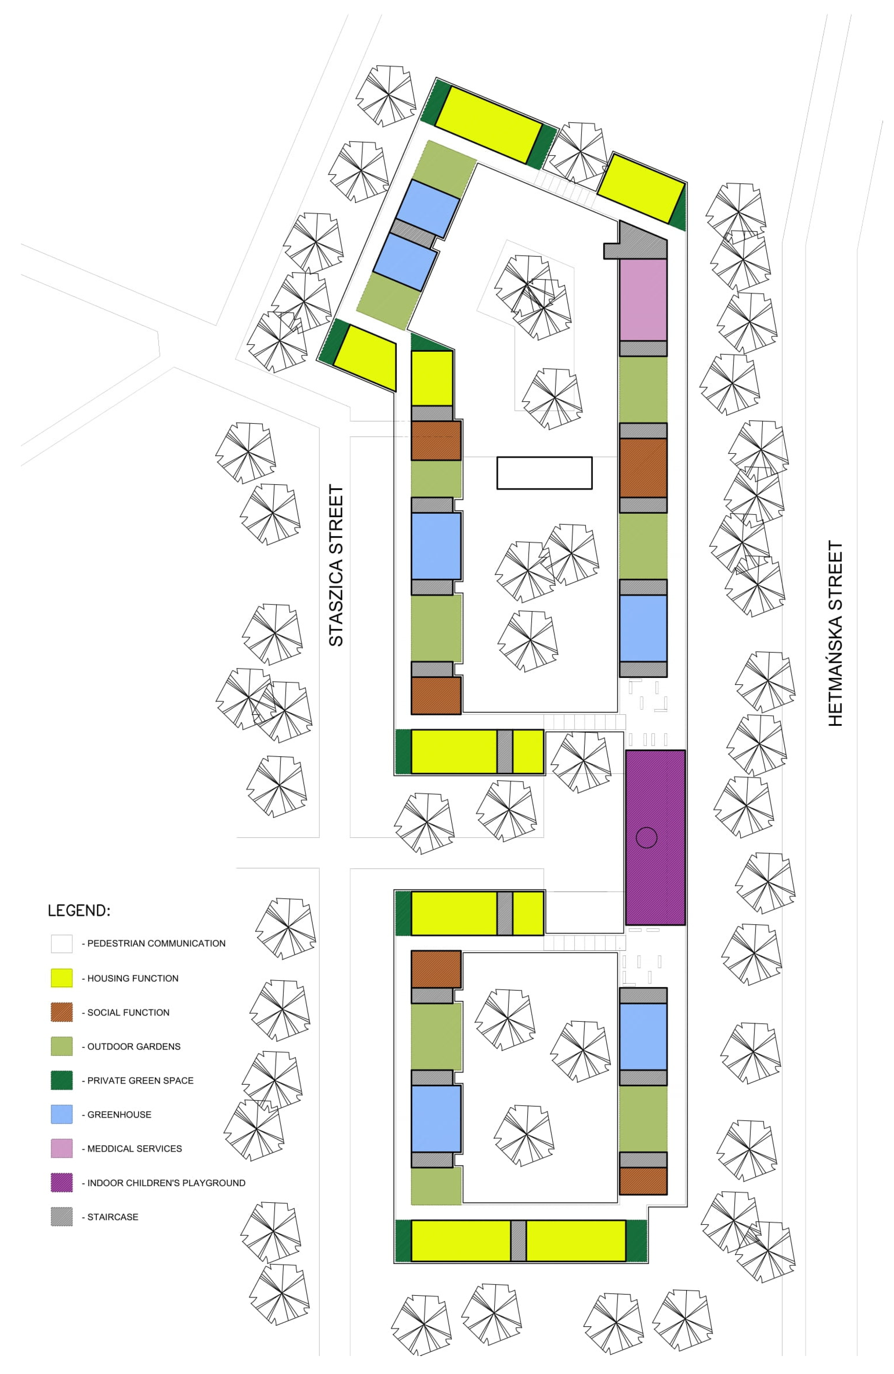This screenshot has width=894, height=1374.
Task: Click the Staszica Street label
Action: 336,565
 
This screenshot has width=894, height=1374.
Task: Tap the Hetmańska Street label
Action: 836,633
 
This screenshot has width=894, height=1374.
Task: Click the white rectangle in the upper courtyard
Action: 544,473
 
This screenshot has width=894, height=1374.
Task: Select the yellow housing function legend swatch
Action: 62,978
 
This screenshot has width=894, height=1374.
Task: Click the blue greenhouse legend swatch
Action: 62,1114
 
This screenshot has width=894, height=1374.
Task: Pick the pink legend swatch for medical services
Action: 62,1148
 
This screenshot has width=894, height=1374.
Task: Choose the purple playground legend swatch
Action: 62,1182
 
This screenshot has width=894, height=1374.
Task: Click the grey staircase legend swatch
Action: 62,1216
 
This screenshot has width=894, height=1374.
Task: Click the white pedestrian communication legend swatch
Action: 62,943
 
